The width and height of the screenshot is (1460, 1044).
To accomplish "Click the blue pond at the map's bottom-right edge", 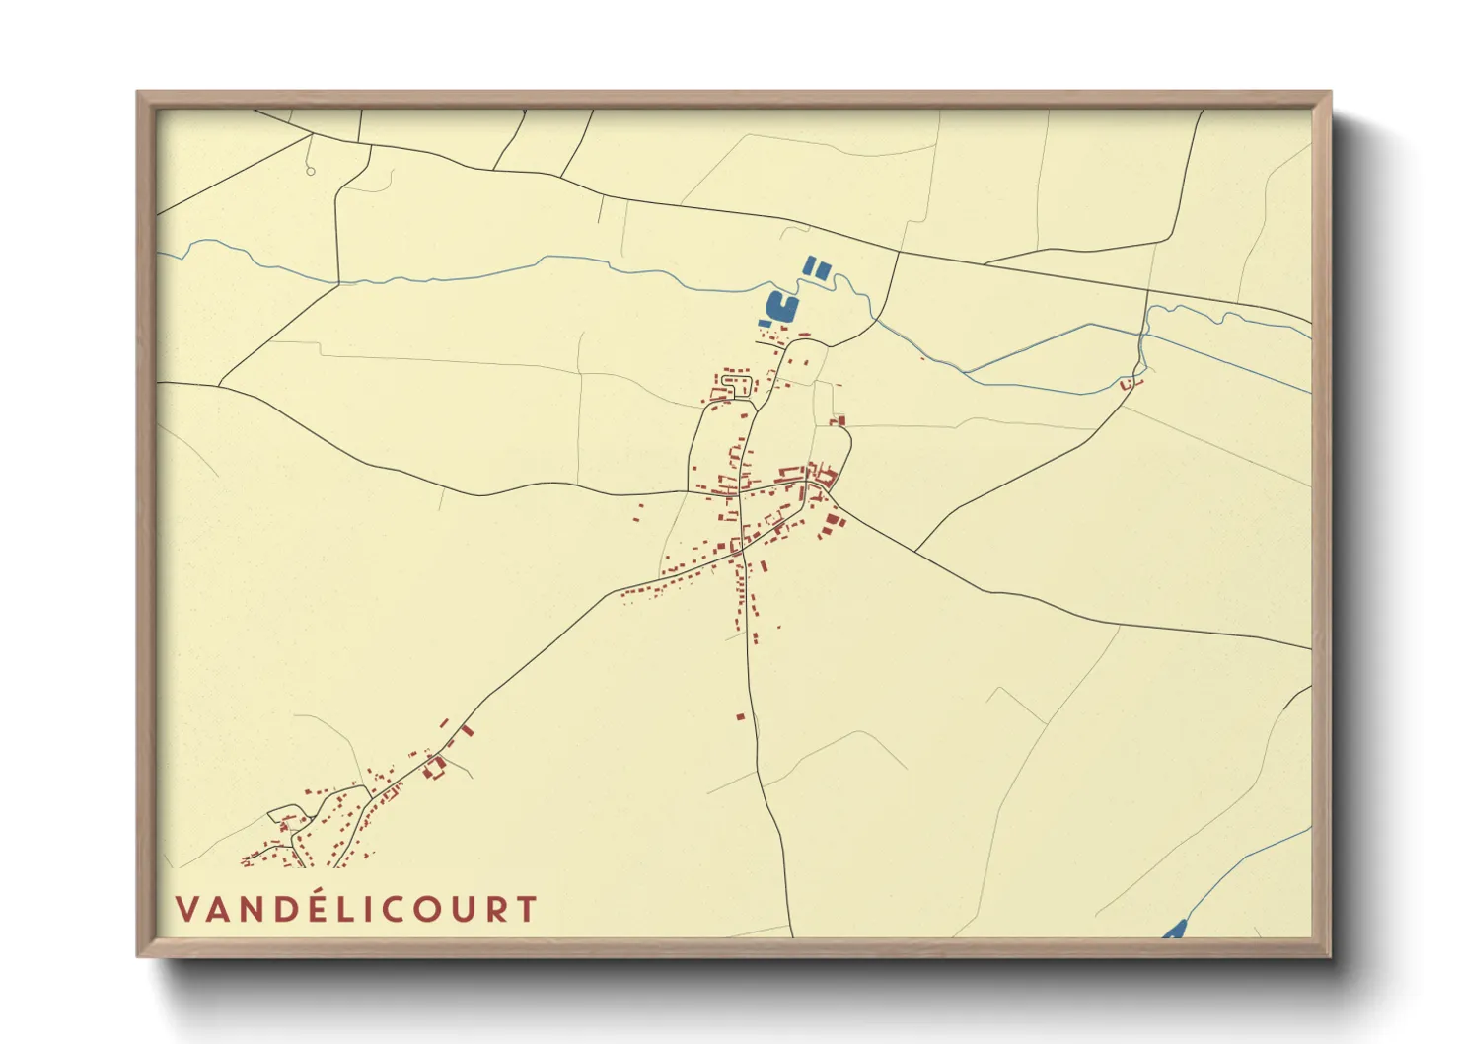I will (x=1174, y=930).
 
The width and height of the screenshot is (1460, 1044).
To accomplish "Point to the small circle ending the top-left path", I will (x=311, y=172).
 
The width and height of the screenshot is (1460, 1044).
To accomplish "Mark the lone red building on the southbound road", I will (x=741, y=716).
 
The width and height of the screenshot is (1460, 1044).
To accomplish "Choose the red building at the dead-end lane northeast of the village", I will (x=839, y=421).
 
